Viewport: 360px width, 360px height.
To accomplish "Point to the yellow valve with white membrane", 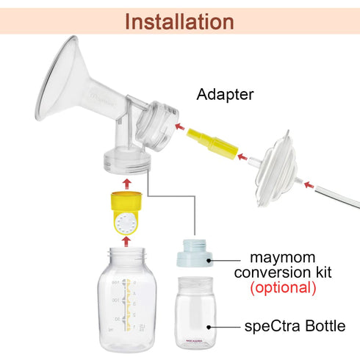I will [x=125, y=214].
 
